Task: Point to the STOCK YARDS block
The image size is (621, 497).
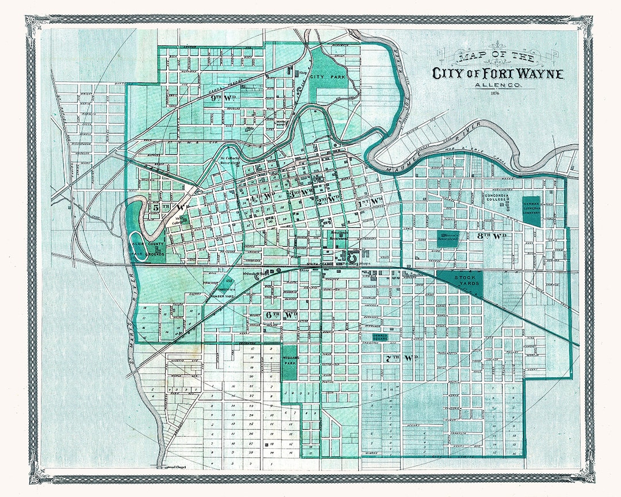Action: (459, 280)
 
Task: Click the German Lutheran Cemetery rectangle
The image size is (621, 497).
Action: (531, 211)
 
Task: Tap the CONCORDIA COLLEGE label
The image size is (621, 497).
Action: (498, 198)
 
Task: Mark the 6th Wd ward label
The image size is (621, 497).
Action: (281, 315)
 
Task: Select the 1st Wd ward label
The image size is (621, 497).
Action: (370, 201)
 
